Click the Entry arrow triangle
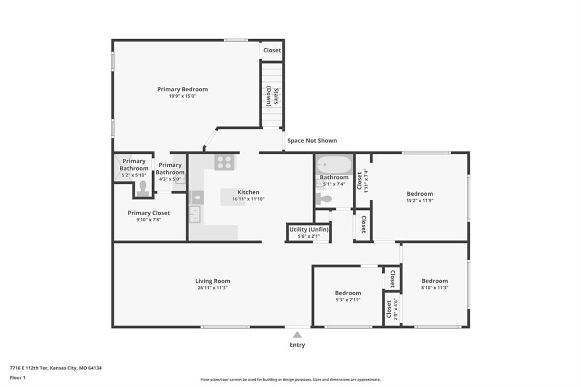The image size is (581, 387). (x=297, y=335)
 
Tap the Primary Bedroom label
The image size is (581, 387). (x=182, y=89)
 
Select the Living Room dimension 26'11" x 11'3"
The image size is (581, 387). (x=212, y=288)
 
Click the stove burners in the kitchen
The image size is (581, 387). (x=225, y=162)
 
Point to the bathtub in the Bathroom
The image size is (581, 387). (x=334, y=165)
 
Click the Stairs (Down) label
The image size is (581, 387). (x=272, y=96)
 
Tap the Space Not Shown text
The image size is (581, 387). (x=312, y=141)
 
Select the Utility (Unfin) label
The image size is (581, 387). (x=309, y=229)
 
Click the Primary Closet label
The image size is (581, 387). (x=149, y=213)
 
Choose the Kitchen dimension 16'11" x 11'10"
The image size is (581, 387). (x=249, y=199)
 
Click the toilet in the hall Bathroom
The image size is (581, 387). (x=323, y=199)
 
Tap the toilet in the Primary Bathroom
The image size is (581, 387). (x=142, y=188)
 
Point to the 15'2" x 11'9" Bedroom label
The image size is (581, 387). (x=420, y=194)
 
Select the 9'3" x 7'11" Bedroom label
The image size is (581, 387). (x=348, y=293)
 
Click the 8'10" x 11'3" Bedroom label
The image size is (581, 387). (x=435, y=281)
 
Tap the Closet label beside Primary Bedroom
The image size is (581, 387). (x=272, y=50)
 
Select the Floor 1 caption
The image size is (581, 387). (x=18, y=378)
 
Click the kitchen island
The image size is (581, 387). (x=233, y=197)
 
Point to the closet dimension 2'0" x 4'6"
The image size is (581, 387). (x=395, y=309)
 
